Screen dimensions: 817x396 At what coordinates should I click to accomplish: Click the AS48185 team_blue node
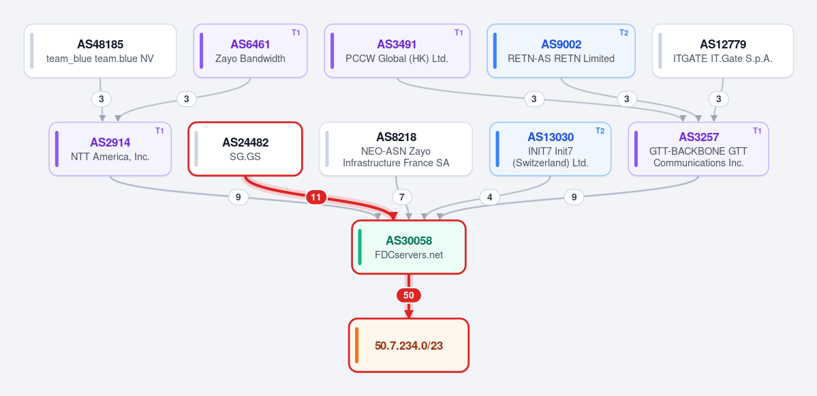(x=100, y=50)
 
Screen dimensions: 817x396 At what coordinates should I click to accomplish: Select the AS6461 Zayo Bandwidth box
(x=250, y=50)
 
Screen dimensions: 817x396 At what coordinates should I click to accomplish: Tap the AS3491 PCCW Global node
(x=397, y=50)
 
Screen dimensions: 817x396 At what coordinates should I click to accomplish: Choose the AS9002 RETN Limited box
(x=561, y=50)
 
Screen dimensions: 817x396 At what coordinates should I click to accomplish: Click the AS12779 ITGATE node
(x=723, y=50)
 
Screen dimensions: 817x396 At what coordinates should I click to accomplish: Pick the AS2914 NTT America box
(x=110, y=149)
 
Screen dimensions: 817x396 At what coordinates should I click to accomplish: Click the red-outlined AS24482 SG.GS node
(x=245, y=149)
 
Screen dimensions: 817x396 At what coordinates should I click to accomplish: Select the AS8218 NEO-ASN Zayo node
(x=396, y=149)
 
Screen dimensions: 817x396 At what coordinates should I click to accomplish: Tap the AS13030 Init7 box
(x=550, y=149)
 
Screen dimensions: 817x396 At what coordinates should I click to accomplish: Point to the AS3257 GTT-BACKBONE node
(x=698, y=149)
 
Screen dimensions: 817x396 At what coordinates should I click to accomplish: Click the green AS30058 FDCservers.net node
(x=409, y=247)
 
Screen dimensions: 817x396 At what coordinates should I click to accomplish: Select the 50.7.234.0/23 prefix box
(x=409, y=345)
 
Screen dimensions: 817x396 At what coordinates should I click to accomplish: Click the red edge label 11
(x=315, y=198)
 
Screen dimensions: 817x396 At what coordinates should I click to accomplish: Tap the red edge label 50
(x=409, y=295)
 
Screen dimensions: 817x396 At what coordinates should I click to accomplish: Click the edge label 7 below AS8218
(x=402, y=198)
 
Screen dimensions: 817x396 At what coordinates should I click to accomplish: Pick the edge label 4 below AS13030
(x=489, y=198)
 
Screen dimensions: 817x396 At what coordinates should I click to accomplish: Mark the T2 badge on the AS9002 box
(x=623, y=32)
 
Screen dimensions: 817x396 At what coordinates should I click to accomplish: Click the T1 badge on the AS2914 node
(x=159, y=130)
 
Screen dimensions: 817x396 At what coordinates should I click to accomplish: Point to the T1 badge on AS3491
(x=459, y=32)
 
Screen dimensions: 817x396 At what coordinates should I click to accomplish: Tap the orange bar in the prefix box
(x=357, y=345)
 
